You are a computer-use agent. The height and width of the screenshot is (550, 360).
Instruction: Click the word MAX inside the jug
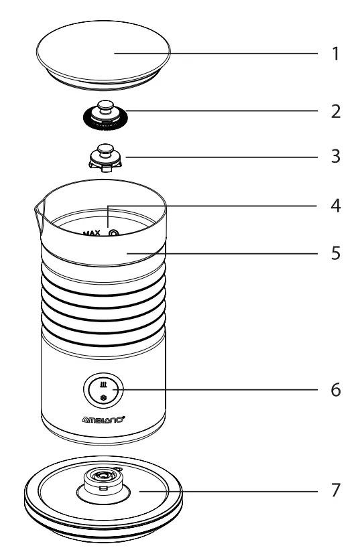coord(91,233)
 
